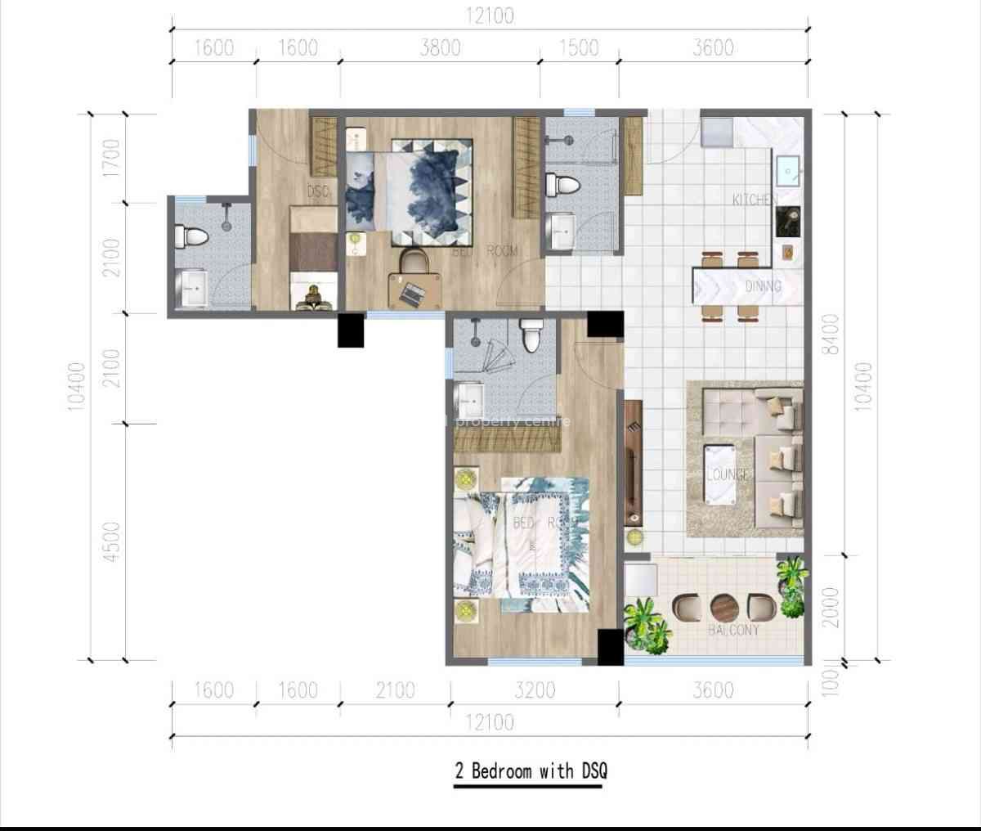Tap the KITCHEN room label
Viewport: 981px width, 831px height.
[751, 199]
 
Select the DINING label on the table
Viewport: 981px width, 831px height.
[762, 286]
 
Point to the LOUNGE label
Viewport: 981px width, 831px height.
[728, 474]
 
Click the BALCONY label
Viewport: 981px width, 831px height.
[733, 630]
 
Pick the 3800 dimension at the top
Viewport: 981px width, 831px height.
[440, 48]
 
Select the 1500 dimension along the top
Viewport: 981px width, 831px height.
[579, 48]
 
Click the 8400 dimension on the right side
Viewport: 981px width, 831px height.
[832, 335]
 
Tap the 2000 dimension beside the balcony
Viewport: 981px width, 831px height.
[832, 607]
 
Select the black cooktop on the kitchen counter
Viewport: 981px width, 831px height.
[789, 219]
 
